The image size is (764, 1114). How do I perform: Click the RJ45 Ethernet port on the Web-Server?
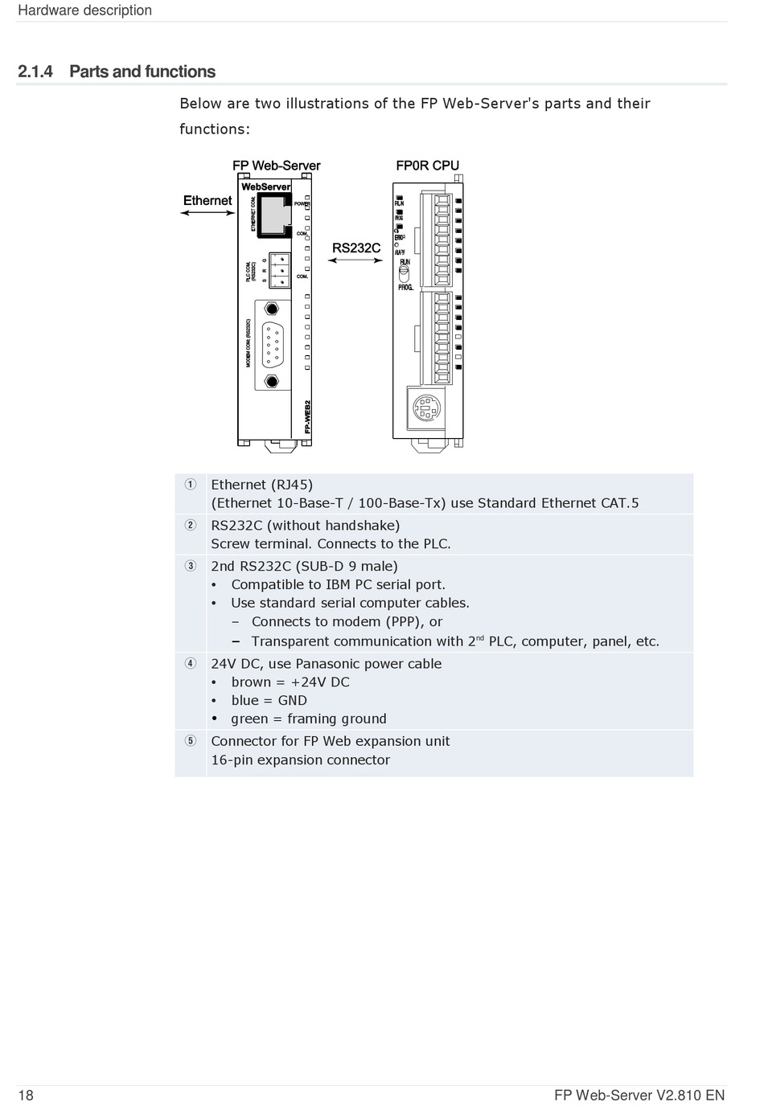point(275,213)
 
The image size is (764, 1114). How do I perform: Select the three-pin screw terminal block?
point(279,269)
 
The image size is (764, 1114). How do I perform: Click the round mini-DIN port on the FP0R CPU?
point(426,408)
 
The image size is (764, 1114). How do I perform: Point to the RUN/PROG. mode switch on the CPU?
point(405,273)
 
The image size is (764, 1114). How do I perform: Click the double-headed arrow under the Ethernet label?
point(207,213)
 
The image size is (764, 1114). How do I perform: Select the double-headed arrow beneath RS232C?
point(356,260)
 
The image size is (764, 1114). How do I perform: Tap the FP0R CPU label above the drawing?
point(427,166)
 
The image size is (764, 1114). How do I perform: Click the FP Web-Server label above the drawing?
point(276,166)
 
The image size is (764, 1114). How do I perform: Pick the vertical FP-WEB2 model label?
point(307,417)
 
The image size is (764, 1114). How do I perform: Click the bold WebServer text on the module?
point(265,186)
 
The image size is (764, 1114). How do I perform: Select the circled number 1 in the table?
point(190,485)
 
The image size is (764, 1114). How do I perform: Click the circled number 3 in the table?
point(190,566)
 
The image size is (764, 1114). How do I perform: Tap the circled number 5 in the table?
point(190,741)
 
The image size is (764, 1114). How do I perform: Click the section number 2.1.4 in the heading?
point(35,72)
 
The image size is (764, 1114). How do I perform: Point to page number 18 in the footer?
point(26,1096)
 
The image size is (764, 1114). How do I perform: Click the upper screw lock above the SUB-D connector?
point(273,309)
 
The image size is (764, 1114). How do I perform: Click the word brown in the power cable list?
point(251,682)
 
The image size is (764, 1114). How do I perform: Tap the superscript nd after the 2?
point(480,638)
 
